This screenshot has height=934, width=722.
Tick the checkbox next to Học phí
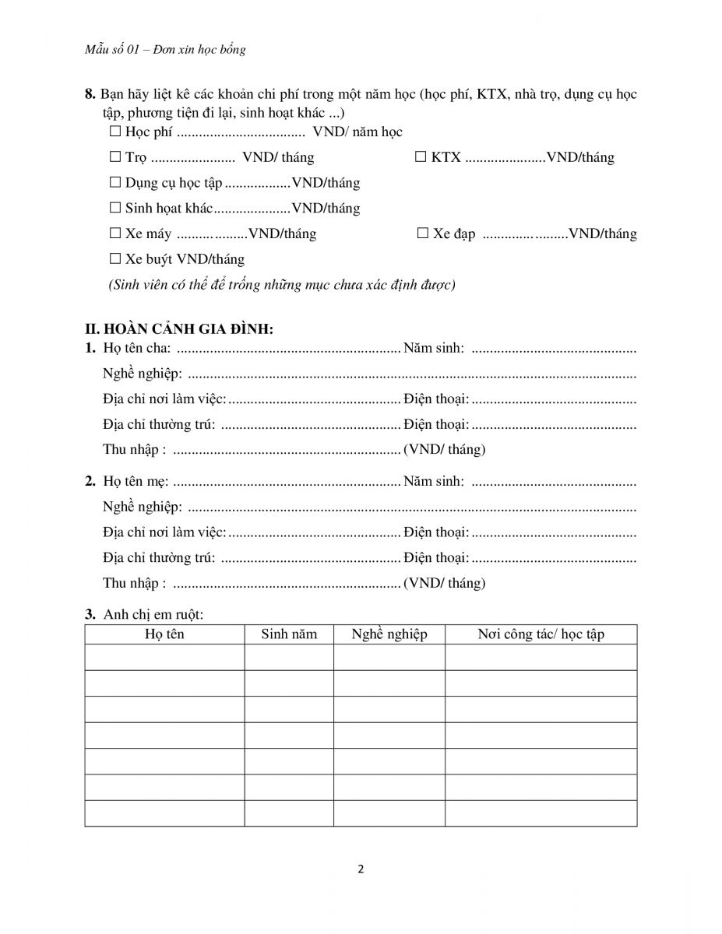click(x=115, y=132)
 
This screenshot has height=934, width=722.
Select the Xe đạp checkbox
click(x=423, y=234)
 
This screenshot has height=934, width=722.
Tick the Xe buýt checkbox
click(x=115, y=259)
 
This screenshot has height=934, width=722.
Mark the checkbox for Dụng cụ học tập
click(x=115, y=184)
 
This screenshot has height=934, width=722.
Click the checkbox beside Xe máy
click(x=115, y=234)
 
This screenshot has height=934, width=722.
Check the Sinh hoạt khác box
click(x=115, y=209)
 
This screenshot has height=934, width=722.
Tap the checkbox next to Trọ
click(x=115, y=158)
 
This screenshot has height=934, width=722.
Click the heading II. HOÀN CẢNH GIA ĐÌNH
click(x=179, y=328)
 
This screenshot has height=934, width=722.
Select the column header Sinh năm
click(x=289, y=634)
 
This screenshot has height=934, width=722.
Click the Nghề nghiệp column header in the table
click(x=389, y=634)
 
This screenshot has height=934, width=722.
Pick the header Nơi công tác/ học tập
click(x=541, y=634)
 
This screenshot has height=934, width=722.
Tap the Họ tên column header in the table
click(x=164, y=634)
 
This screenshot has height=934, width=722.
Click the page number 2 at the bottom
click(x=361, y=869)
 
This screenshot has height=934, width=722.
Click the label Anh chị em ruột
click(x=153, y=615)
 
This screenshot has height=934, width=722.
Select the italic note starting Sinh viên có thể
click(x=281, y=285)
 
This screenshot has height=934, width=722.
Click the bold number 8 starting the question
click(x=89, y=95)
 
